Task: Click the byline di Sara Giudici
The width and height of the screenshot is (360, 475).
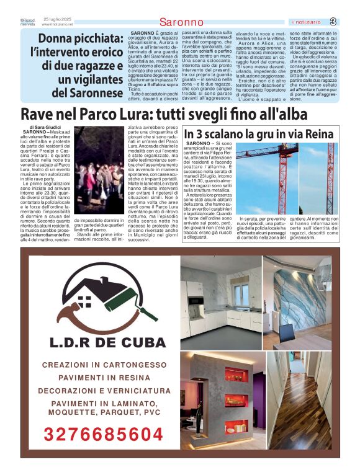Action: [x=45, y=127]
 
